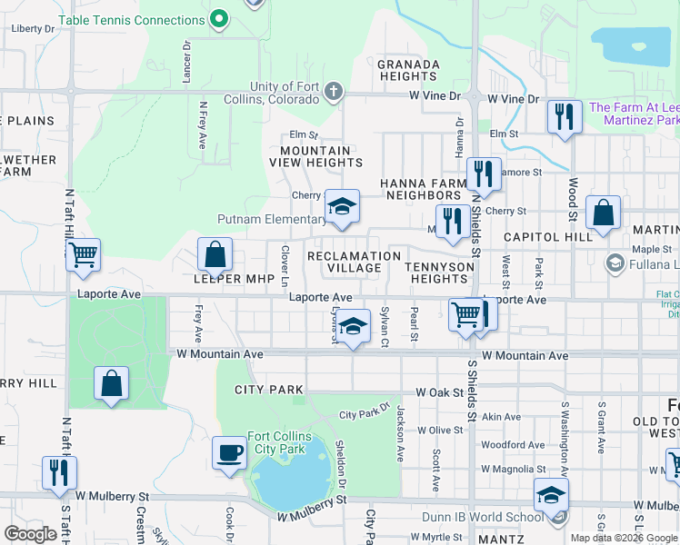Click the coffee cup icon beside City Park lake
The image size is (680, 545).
pyautogui.click(x=229, y=452)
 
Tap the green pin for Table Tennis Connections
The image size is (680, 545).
pyautogui.click(x=218, y=18)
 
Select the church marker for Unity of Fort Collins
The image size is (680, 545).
pyautogui.click(x=334, y=91)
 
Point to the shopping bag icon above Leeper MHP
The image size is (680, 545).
pyautogui.click(x=215, y=254)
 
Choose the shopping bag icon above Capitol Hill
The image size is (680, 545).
pyautogui.click(x=603, y=213)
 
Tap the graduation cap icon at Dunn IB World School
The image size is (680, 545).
pyautogui.click(x=551, y=495)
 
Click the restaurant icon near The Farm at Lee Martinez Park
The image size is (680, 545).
pyautogui.click(x=565, y=116)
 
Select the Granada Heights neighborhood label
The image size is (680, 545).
pyautogui.click(x=408, y=71)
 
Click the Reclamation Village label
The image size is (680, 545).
pyautogui.click(x=354, y=262)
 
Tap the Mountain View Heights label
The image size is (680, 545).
pyautogui.click(x=315, y=156)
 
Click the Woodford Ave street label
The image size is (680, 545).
pyautogui.click(x=513, y=445)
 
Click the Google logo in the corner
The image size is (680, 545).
pyautogui.click(x=30, y=534)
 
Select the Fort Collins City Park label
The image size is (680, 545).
pyautogui.click(x=280, y=443)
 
